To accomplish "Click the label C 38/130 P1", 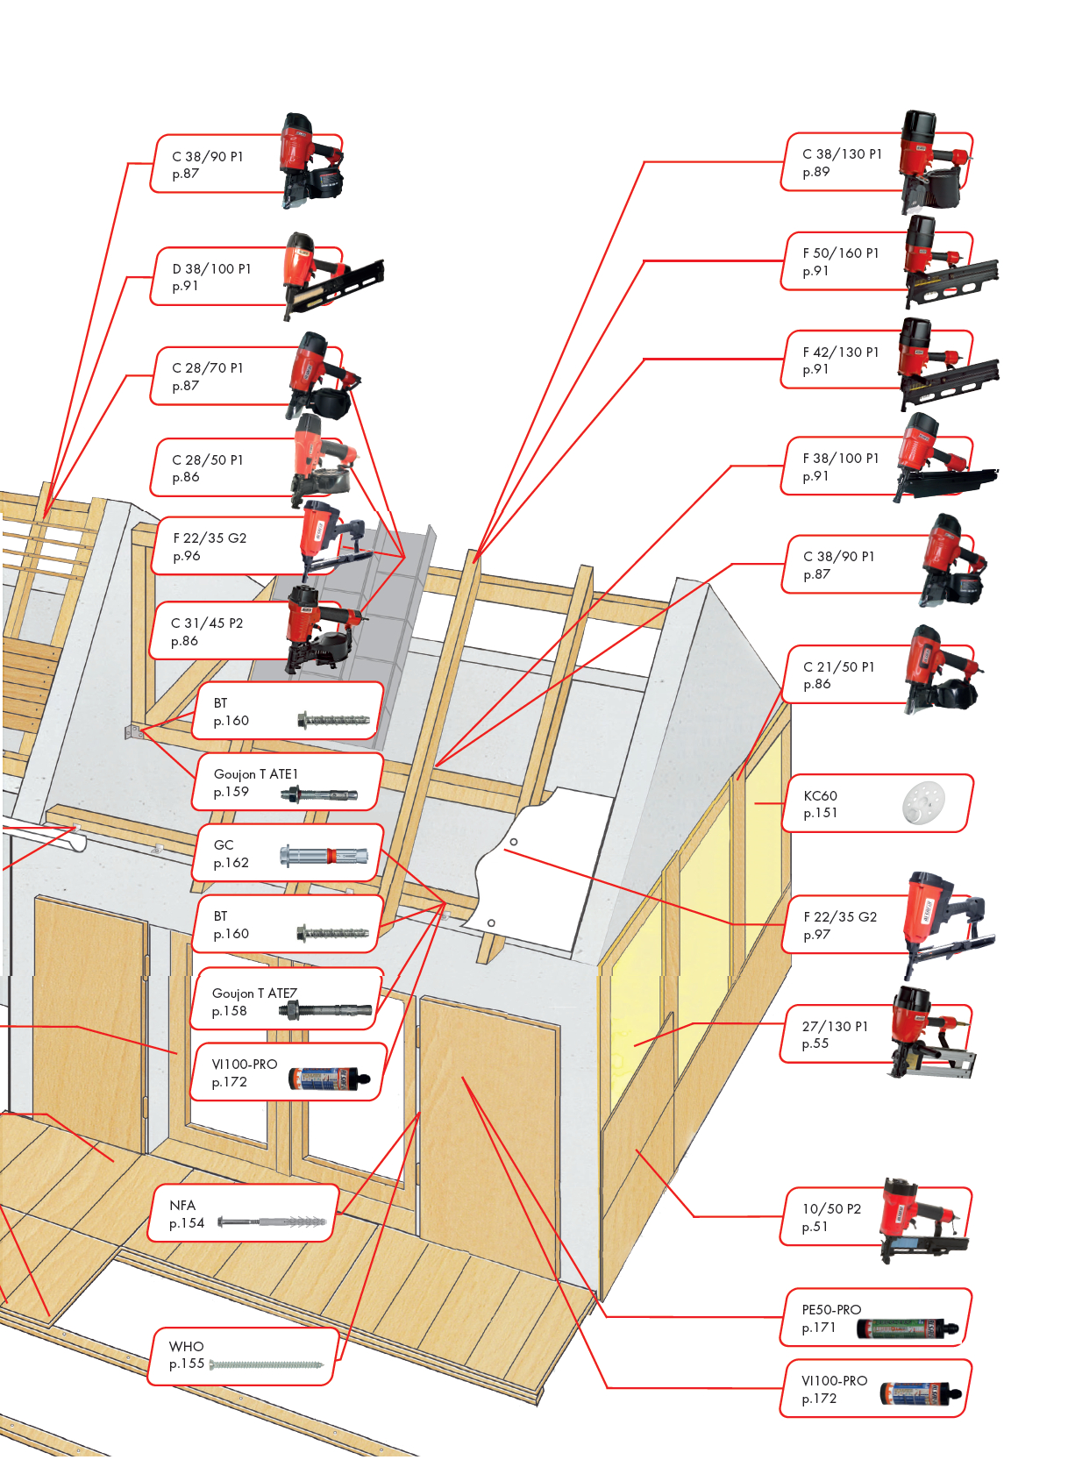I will (x=842, y=154).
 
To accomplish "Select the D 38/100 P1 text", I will (x=211, y=269).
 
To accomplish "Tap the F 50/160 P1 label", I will (x=840, y=253).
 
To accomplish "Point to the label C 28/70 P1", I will (x=207, y=368).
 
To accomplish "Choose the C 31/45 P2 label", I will (x=206, y=623).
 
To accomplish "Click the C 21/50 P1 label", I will (x=838, y=667).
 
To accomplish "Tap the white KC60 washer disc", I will (x=923, y=802).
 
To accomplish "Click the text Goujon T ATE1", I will (x=255, y=774).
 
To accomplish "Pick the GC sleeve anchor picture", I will (x=323, y=855).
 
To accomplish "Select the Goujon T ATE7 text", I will (x=254, y=993).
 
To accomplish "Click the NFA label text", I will (x=182, y=1206).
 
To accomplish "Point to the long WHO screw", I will (x=267, y=1365).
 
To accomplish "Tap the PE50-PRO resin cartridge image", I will (x=908, y=1328).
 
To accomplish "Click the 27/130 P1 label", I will (x=835, y=1027).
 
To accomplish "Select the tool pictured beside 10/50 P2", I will (x=923, y=1219).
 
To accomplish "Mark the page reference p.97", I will (x=816, y=935).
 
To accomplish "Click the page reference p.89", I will (x=815, y=172).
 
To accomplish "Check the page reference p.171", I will (x=818, y=1328).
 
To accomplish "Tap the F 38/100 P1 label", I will (x=840, y=459).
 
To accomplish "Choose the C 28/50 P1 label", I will (x=207, y=460).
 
